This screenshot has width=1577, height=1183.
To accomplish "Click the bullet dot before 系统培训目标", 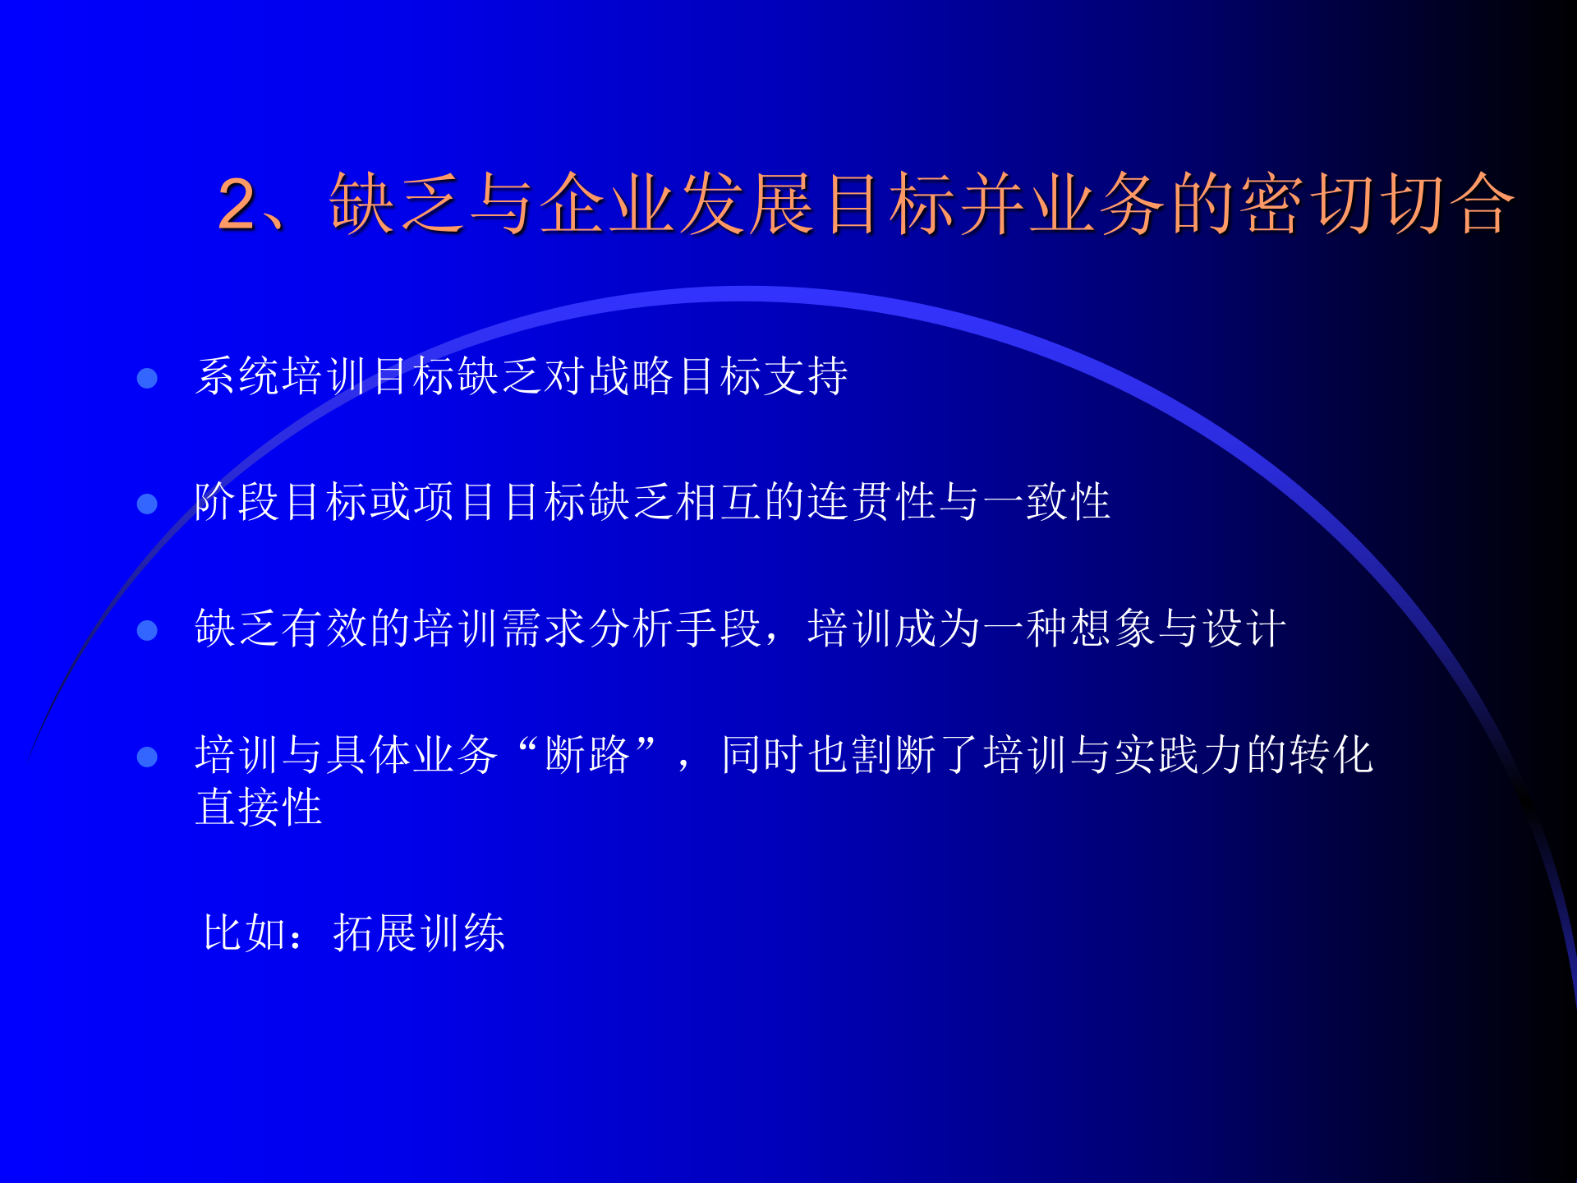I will (x=147, y=378).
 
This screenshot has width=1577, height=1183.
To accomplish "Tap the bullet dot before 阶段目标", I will (x=147, y=504).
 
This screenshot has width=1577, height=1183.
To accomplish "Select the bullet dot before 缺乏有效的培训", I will (x=147, y=630).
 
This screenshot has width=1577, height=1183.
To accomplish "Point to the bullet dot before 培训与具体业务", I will (x=147, y=757).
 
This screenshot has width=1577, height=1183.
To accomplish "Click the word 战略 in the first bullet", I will (x=632, y=377).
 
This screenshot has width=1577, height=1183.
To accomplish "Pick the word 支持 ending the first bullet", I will (x=807, y=377).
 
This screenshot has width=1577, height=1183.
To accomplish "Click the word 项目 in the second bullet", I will (x=456, y=503).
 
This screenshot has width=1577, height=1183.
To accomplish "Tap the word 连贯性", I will (x=872, y=503).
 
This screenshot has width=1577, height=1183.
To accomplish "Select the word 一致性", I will (x=1046, y=503).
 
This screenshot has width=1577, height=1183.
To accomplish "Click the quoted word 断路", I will (x=586, y=756).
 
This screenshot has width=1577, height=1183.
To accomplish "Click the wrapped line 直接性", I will (x=259, y=808).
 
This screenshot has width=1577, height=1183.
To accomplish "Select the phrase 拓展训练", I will (x=419, y=933).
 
